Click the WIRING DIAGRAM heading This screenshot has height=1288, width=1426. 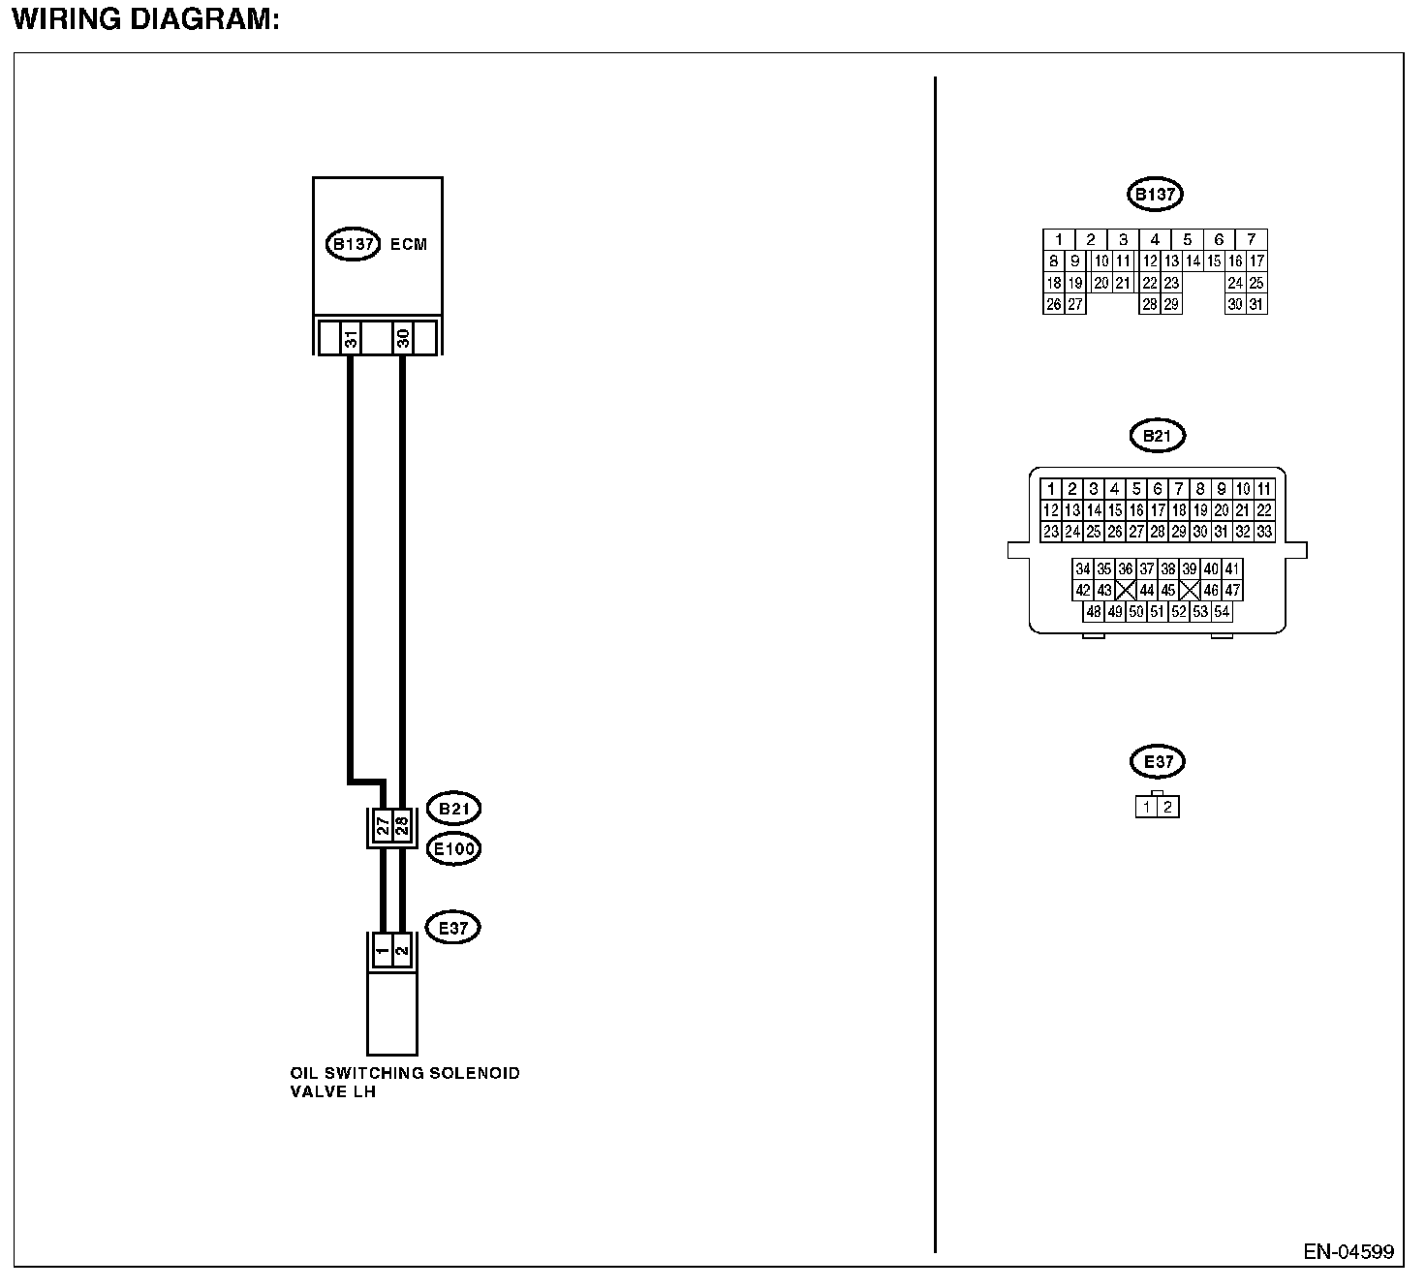click(x=145, y=19)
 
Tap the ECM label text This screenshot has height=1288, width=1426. click(x=408, y=244)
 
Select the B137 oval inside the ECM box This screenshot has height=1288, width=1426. click(x=353, y=244)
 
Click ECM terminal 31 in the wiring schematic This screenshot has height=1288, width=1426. click(x=351, y=338)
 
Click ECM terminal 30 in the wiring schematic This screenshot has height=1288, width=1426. click(x=403, y=338)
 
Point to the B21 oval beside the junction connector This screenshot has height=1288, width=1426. click(x=453, y=809)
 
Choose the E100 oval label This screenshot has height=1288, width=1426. click(x=453, y=849)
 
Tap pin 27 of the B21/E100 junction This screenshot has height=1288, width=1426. click(x=384, y=826)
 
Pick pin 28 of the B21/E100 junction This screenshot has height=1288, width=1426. click(x=402, y=826)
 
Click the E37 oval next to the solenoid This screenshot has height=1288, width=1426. click(x=453, y=928)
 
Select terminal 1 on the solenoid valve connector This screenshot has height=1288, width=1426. click(x=383, y=951)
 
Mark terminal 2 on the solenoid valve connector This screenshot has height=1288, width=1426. click(x=403, y=951)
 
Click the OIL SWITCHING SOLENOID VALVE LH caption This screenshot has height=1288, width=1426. click(x=404, y=1082)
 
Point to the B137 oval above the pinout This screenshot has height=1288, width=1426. click(x=1155, y=195)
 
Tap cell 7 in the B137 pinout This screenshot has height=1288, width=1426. click(x=1252, y=239)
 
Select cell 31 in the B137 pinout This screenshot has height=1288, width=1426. click(x=1256, y=304)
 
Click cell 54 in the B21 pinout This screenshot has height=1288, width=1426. click(x=1222, y=611)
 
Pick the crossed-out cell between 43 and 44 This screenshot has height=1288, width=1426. click(x=1126, y=590)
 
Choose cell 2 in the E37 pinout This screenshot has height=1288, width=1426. click(x=1168, y=807)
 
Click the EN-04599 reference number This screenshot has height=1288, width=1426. click(x=1348, y=1252)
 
